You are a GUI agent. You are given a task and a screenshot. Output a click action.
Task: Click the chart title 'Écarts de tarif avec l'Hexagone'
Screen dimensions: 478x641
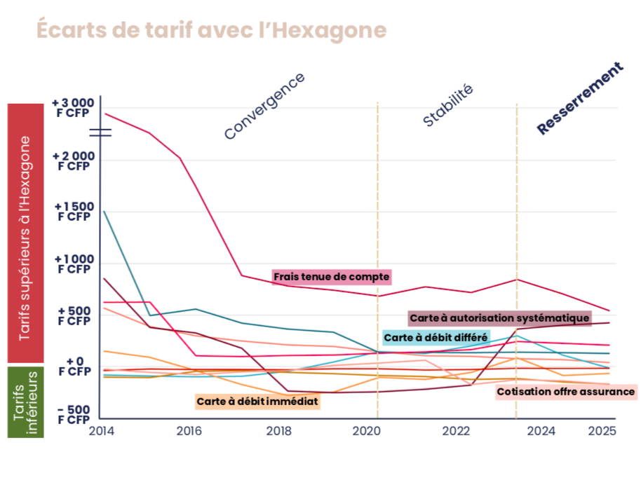click(x=210, y=31)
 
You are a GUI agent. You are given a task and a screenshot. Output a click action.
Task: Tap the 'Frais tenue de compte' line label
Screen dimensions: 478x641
click(x=331, y=277)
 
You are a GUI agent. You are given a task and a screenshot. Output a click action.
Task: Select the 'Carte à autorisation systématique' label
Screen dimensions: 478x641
click(x=499, y=318)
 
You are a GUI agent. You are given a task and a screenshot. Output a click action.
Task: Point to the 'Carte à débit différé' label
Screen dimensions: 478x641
click(x=436, y=338)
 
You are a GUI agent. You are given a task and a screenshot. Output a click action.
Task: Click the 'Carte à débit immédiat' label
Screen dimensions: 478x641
click(x=257, y=402)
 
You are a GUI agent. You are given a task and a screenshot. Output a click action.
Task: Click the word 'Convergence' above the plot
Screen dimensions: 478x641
click(x=264, y=107)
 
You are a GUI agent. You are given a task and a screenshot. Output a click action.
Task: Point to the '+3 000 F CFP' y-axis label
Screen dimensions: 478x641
click(x=73, y=108)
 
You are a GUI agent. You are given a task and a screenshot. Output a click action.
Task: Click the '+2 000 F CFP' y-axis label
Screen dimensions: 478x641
click(x=73, y=161)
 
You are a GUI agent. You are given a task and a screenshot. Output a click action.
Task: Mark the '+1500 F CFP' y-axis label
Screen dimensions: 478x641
click(x=73, y=212)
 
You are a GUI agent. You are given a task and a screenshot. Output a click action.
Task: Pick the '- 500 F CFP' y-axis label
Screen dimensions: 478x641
click(x=73, y=414)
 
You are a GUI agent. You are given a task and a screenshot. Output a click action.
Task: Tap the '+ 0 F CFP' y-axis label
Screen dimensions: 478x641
click(x=73, y=365)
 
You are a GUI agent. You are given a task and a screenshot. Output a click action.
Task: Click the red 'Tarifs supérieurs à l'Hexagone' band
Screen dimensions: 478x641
click(x=25, y=235)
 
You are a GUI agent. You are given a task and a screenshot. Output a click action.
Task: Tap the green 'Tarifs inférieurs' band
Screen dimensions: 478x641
click(x=25, y=402)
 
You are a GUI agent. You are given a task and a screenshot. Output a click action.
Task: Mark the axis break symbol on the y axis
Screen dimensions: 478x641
click(x=100, y=132)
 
